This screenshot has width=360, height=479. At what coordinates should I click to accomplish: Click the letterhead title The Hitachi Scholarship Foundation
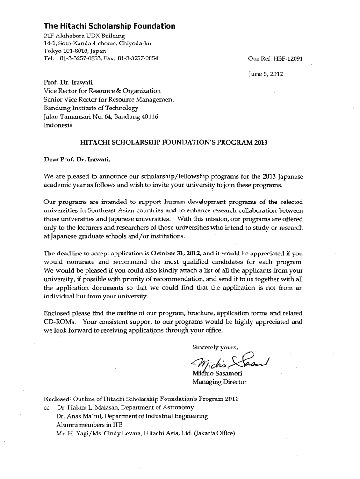point(109,26)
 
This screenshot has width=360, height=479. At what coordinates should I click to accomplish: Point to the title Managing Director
point(219,382)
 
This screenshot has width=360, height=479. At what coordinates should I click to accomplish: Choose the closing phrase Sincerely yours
point(216,347)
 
